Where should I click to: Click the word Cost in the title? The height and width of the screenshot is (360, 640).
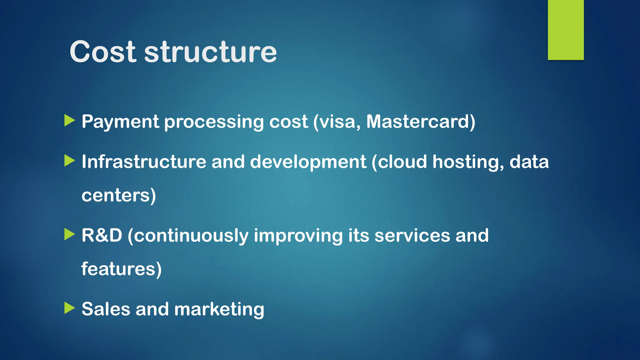[103, 52]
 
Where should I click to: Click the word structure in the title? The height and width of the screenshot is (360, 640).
[210, 52]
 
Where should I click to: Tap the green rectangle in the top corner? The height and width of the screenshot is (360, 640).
[566, 30]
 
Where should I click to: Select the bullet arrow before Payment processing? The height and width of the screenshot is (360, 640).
[69, 120]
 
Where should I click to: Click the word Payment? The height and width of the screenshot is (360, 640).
[120, 122]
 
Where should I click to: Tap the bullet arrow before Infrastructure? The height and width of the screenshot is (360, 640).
[69, 161]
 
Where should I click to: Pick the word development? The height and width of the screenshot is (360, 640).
[308, 162]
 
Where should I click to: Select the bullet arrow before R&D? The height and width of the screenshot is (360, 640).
[69, 234]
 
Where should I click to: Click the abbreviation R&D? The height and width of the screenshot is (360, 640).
[102, 235]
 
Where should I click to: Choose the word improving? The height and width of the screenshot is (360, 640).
[298, 236]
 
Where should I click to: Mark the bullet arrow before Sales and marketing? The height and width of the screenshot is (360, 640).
[69, 308]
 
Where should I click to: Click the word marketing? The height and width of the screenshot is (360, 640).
[219, 309]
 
